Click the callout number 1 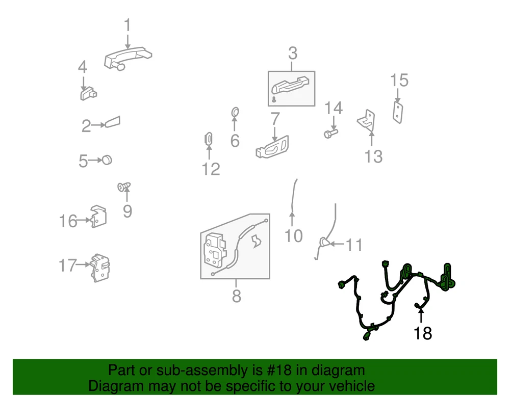pos(127,25)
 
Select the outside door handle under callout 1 pos(128,58)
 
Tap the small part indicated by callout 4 pos(88,94)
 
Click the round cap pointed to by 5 pos(107,160)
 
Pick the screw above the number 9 pos(124,187)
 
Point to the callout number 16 pos(68,221)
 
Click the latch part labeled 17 pos(100,268)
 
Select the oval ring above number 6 pos(235,113)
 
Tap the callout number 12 pos(211,169)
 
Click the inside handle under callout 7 pos(272,148)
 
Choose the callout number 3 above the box pos(293,53)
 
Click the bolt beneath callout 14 pos(331,133)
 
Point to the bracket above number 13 pos(367,121)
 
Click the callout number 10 pos(293,236)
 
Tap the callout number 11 pos(353,245)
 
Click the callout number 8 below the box pos(237,296)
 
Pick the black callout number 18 pos(422,333)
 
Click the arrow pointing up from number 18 pos(421,315)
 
